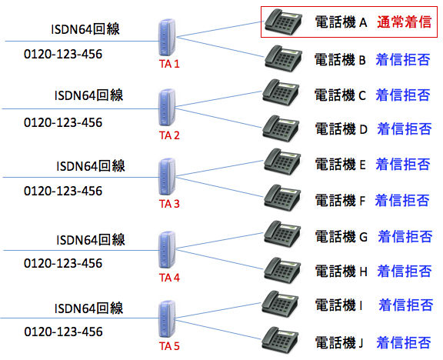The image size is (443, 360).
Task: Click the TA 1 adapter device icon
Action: pyautogui.click(x=165, y=38)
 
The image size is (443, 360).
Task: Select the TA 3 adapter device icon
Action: pyautogui.click(x=166, y=179)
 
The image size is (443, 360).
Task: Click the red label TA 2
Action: pyautogui.click(x=168, y=135)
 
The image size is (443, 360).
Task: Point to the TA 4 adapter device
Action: pyautogui.click(x=166, y=248)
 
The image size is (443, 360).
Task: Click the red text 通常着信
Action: pyautogui.click(x=403, y=23)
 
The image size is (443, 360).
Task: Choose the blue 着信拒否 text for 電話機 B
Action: pyautogui.click(x=402, y=58)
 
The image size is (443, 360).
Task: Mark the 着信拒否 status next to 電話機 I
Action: pyautogui.click(x=404, y=305)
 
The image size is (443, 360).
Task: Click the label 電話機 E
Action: pyautogui.click(x=341, y=164)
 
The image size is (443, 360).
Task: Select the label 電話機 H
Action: pyautogui.click(x=341, y=270)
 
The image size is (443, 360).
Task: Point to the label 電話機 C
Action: pyautogui.click(x=341, y=95)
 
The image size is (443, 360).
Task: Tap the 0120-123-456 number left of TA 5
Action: pyautogui.click(x=63, y=332)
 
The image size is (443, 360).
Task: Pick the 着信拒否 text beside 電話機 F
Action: pyautogui.click(x=402, y=201)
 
